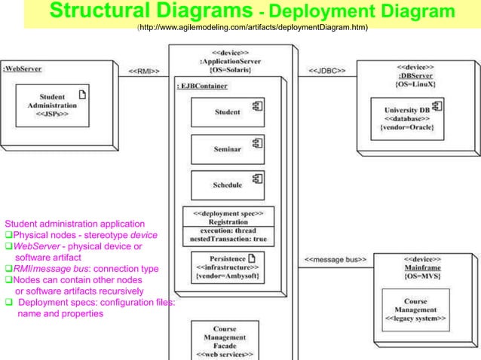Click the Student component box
pyautogui.click(x=227, y=112)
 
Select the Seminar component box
pyautogui.click(x=227, y=149)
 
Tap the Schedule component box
pyautogui.click(x=227, y=185)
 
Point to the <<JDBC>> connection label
pyautogui.click(x=327, y=71)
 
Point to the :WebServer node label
pyautogui.click(x=23, y=68)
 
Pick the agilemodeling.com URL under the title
pyautogui.click(x=252, y=28)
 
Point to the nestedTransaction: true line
pyautogui.click(x=228, y=239)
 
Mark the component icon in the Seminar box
pyautogui.click(x=256, y=142)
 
